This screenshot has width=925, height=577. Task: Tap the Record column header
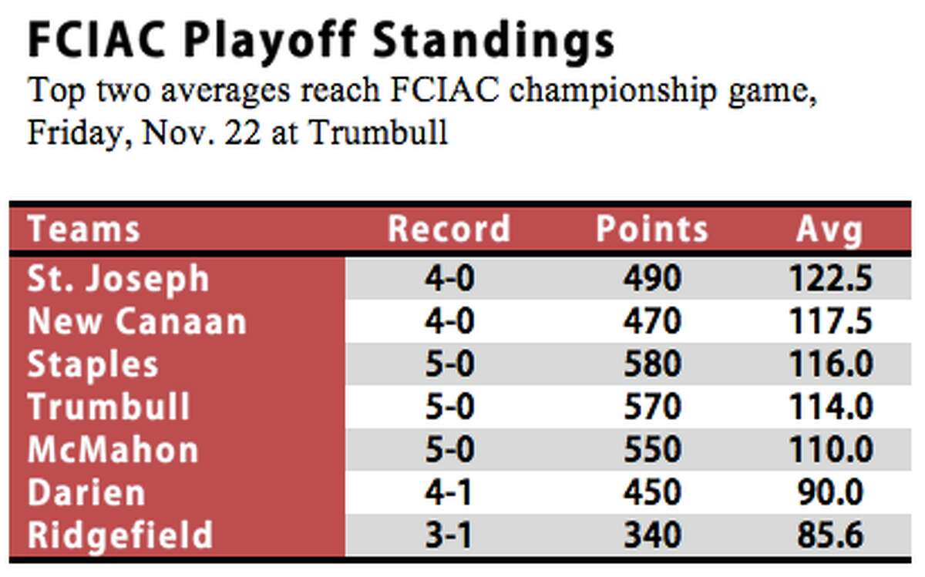coord(449,228)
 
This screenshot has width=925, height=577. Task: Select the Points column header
coord(652,228)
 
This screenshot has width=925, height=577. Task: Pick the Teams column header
coord(84,228)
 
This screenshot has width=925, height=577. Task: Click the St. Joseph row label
coord(118,279)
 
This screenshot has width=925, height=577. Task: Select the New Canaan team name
coord(137,321)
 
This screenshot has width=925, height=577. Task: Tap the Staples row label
coord(93,365)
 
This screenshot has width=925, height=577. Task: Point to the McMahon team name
coord(113,449)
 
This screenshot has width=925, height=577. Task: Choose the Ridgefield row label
coord(120,535)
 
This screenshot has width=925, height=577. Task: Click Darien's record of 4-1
coord(449,492)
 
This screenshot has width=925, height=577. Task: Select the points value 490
coord(652,278)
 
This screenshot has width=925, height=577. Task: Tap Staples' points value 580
coord(652,364)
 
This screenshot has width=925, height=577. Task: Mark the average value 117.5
coord(831,321)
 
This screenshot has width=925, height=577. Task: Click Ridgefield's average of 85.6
coord(830,535)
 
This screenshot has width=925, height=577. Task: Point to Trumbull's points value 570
coord(652,407)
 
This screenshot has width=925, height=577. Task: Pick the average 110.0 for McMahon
coord(831,449)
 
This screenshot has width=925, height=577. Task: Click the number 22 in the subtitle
coord(244,132)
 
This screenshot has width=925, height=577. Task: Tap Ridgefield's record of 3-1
coord(449,535)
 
